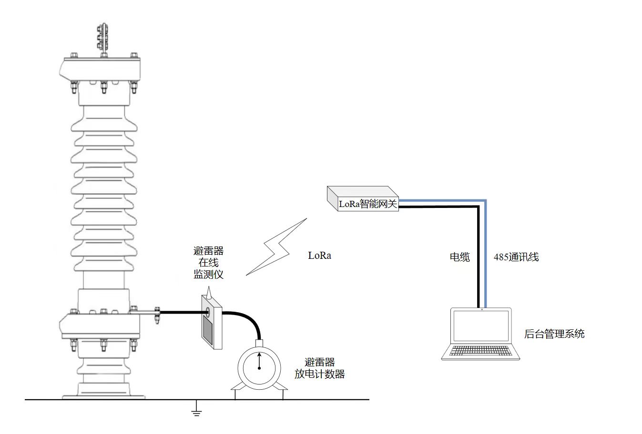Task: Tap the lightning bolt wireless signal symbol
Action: coord(276,247)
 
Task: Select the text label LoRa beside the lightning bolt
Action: coord(319,256)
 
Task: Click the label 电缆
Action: coord(460,257)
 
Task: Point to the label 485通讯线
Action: coord(516,257)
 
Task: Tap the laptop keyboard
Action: coord(480,351)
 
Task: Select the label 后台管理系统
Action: coord(554,334)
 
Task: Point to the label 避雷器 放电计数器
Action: coord(319,368)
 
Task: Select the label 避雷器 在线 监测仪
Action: coord(208,263)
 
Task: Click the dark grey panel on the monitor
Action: coord(208,329)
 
